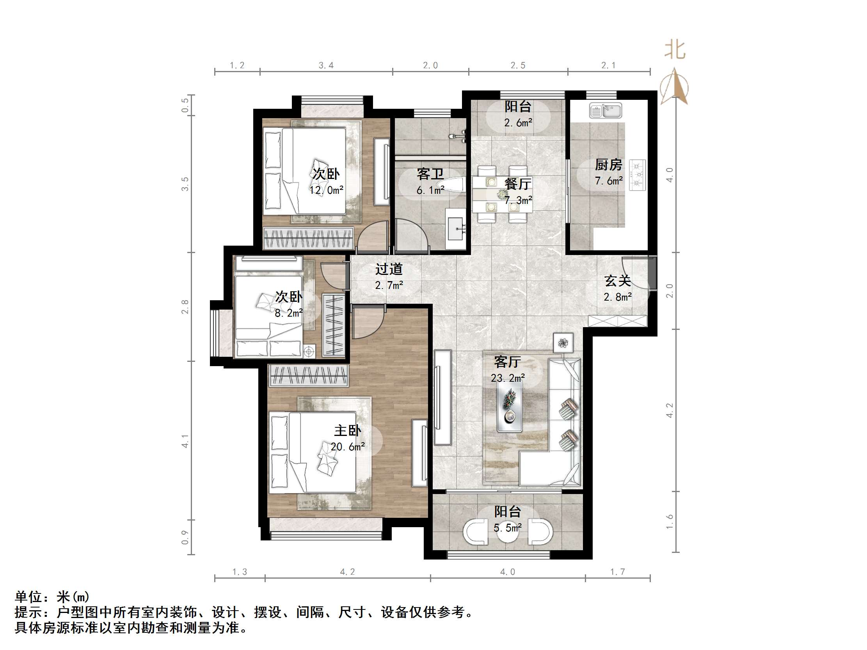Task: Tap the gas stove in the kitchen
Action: coord(637,175)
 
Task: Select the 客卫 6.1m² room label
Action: coord(430,181)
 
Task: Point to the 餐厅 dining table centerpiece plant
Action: coord(502,194)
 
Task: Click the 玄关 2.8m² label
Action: coord(617,289)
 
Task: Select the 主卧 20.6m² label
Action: coord(347,438)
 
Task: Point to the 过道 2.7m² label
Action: coord(389,276)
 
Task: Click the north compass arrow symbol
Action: coord(674,86)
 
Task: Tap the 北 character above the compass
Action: coord(675,50)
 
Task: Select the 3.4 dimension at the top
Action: coord(326,66)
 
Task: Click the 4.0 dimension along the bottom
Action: coord(507,572)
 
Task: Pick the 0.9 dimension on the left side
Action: coord(185,537)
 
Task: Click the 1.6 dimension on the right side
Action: coord(670,521)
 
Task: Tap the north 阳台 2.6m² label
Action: coord(518,114)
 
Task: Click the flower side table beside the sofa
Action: coord(563,343)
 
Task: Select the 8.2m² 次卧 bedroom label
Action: coord(288,304)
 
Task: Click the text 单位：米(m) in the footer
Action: coord(52,597)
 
